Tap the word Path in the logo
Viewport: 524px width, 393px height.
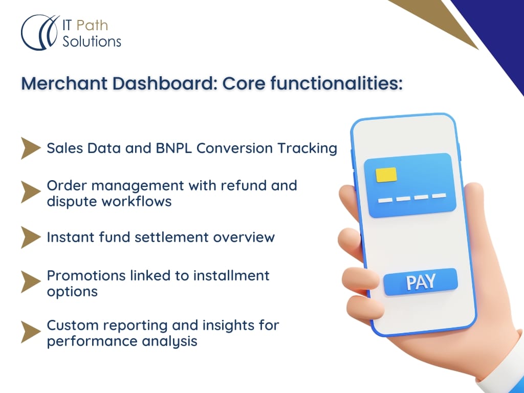click(92, 26)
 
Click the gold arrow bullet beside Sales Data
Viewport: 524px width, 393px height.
click(31, 148)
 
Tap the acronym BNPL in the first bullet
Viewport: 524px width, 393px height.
click(174, 148)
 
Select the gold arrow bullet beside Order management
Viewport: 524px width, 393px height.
click(31, 192)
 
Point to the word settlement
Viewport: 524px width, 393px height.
click(171, 237)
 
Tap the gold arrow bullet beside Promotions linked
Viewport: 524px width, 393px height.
click(31, 282)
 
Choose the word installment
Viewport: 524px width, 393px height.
click(231, 276)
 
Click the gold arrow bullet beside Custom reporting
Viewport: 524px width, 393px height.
click(31, 332)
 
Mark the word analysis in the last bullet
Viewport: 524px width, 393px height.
click(169, 341)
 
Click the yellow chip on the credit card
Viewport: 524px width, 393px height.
click(386, 175)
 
